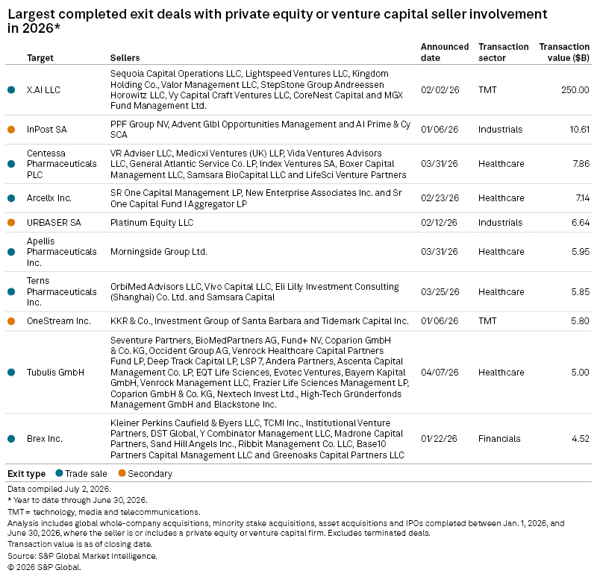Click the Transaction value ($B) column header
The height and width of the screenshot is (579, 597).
564,52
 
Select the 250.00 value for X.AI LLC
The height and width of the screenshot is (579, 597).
575,89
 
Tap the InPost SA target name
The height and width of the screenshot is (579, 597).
47,129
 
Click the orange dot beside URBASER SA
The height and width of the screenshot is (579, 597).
11,222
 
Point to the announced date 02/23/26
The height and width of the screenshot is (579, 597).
440,197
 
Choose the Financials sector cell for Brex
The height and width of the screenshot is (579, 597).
499,438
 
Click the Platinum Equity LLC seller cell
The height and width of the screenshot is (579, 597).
152,222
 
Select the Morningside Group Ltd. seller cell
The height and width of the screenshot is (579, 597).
159,252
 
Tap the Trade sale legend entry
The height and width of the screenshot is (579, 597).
81,473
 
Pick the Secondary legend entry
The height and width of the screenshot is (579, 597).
146,473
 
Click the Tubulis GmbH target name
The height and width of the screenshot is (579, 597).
55,372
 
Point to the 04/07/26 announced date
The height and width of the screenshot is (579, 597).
440,372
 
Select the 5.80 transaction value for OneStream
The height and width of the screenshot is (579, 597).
581,321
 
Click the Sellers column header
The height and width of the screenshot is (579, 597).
125,58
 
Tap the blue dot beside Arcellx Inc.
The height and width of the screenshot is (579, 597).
11,198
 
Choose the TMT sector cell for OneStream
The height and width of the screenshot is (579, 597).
487,321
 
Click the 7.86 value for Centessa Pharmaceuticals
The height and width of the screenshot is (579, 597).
581,163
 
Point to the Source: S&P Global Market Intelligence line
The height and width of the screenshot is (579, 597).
82,556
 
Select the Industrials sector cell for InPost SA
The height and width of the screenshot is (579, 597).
500,129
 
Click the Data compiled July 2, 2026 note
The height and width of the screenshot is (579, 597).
59,489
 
